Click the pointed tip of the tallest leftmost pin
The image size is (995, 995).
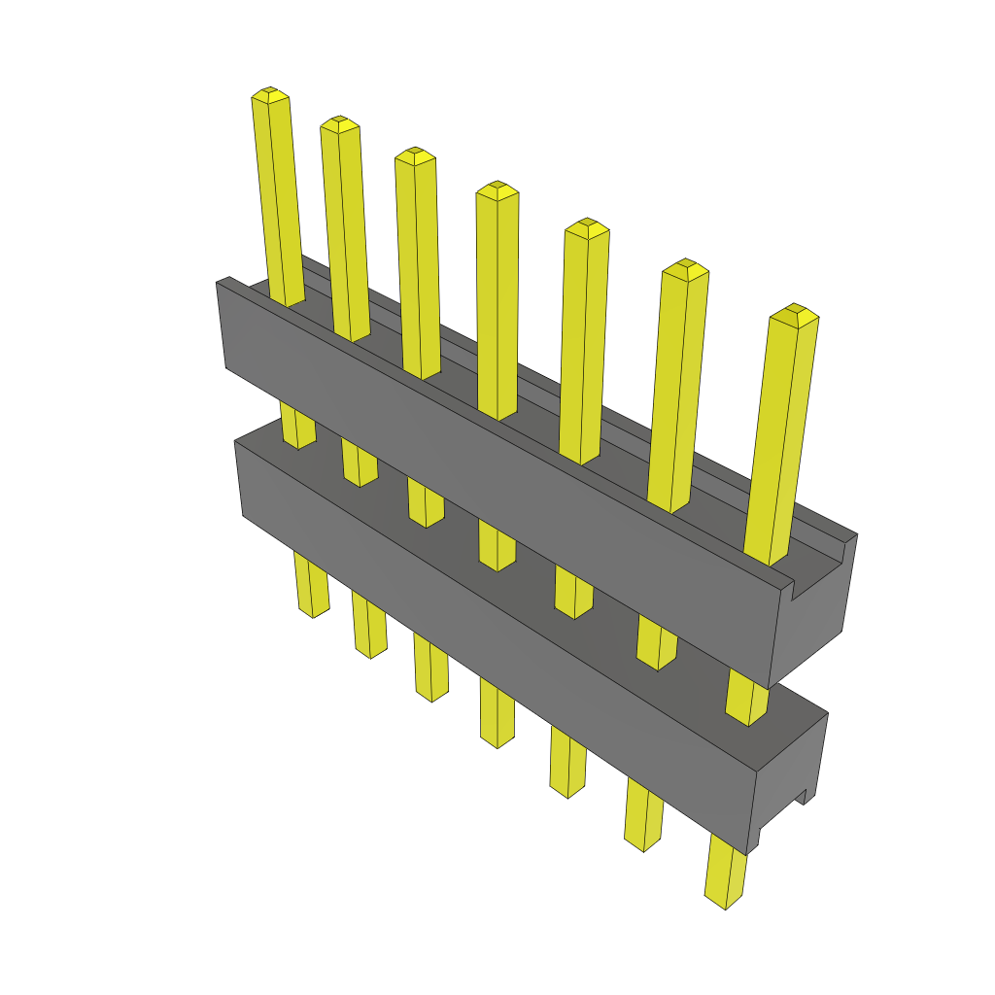click(270, 93)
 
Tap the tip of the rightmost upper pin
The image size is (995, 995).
click(794, 312)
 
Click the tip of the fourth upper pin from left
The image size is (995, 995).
click(497, 188)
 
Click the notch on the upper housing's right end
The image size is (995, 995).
click(806, 586)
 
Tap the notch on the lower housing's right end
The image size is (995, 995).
click(804, 797)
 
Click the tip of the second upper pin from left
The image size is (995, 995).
click(339, 123)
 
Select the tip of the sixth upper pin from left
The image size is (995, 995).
click(685, 266)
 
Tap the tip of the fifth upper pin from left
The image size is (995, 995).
click(586, 225)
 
